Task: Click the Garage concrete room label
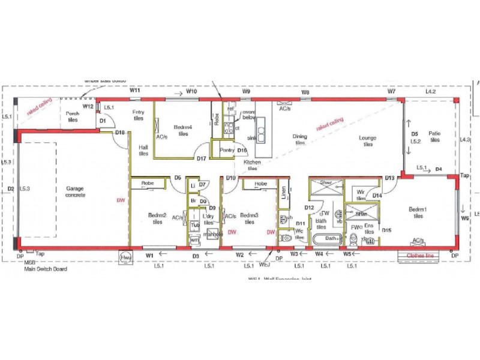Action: pos(75,191)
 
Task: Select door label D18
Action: pos(120,133)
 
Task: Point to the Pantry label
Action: pos(226,150)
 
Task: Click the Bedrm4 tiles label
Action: pos(183,130)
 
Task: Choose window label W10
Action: pos(192,92)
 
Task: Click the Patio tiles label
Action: pos(434,137)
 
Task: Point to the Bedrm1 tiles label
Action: pos(418,213)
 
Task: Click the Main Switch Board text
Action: pos(46,269)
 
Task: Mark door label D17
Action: pos(202,158)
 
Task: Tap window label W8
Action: pos(305,92)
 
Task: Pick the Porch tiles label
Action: pos(72,116)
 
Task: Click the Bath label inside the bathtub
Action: pos(331,238)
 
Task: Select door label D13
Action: pos(390,178)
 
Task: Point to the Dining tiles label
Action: pos(299,140)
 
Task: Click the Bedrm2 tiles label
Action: pos(157,218)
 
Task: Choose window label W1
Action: pos(150,256)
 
